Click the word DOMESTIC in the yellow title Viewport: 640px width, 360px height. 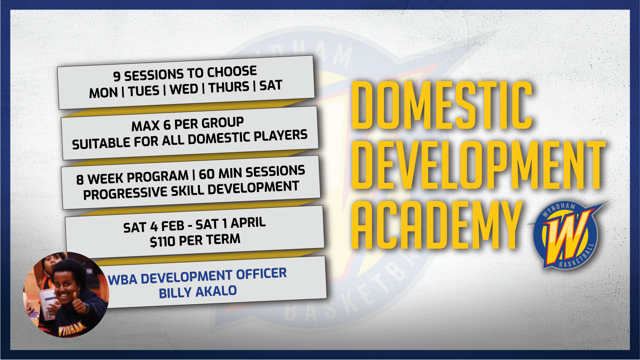click(x=441, y=106)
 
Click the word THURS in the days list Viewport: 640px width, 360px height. click(x=229, y=88)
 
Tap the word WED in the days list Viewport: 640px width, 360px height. click(x=184, y=89)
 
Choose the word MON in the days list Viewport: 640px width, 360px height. click(x=103, y=92)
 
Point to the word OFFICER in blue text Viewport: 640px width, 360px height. click(x=261, y=274)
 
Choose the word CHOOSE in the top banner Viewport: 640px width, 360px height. click(x=232, y=72)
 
